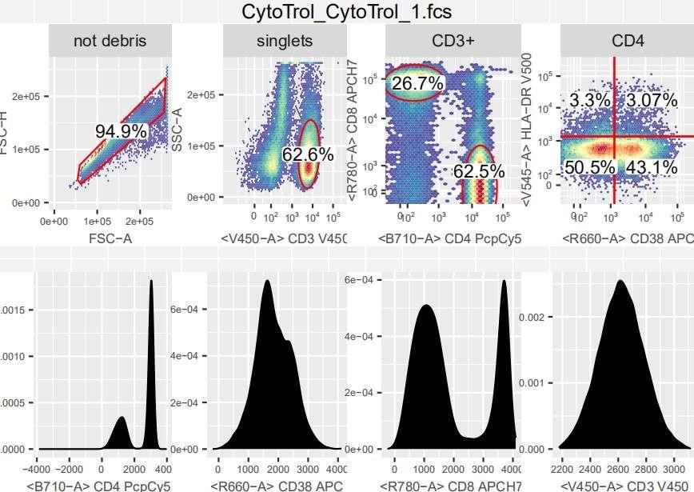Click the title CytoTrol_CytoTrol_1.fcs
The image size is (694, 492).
click(x=346, y=13)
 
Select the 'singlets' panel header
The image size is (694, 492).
click(x=285, y=41)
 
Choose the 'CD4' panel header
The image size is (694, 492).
click(x=628, y=41)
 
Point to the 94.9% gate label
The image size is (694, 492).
click(x=122, y=131)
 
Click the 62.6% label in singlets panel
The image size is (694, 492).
click(x=307, y=154)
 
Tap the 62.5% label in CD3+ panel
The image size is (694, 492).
click(x=479, y=171)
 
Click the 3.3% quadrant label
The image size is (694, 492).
click(x=590, y=101)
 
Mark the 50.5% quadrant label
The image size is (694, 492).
click(x=590, y=167)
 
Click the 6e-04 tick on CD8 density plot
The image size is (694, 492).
click(x=360, y=280)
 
